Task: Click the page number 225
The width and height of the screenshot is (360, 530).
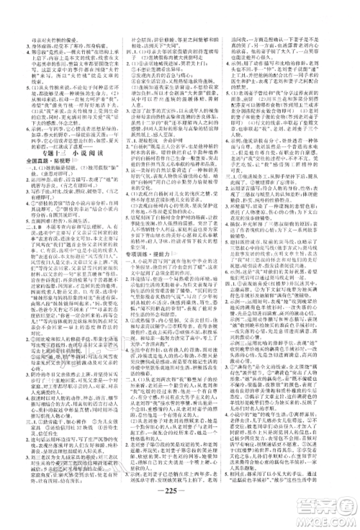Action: coord(179,500)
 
